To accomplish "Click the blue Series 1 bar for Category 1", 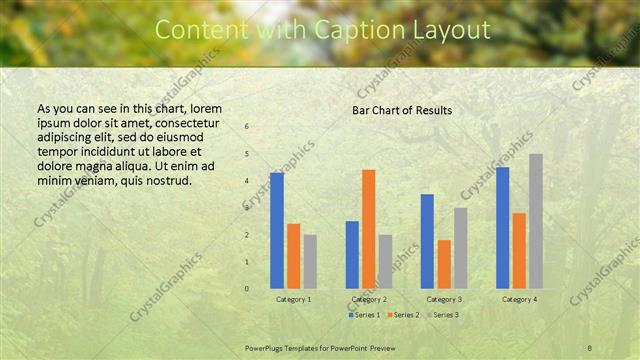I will (277, 231).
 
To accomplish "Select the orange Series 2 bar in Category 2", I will (369, 229).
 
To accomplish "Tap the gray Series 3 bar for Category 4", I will (536, 221).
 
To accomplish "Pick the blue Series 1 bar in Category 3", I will (427, 241).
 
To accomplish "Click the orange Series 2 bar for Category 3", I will (444, 264).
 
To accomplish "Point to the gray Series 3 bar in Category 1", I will (310, 262).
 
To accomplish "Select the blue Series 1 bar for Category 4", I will (503, 228).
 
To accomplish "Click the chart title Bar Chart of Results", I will (402, 110).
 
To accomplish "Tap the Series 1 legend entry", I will (363, 315).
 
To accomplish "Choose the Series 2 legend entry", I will (402, 315).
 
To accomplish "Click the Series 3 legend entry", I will (442, 315).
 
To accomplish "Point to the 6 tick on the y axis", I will (247, 127).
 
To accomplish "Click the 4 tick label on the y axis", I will (247, 181).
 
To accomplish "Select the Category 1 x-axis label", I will (293, 299).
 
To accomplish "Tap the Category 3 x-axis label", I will (444, 299).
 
